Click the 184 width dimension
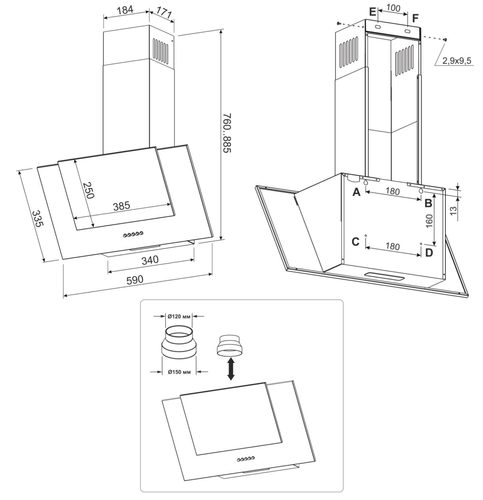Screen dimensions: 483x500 [125, 9]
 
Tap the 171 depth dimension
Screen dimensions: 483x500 [164, 13]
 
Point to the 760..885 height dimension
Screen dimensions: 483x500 [227, 133]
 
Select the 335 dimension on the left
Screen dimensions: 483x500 [37, 219]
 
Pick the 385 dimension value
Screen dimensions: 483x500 [122, 206]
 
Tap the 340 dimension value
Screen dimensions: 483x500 [150, 260]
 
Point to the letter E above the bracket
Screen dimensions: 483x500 [372, 12]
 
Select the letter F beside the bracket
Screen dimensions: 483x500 [415, 18]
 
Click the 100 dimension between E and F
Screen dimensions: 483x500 [393, 8]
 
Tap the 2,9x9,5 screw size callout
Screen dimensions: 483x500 [457, 61]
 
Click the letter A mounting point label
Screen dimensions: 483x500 [356, 192]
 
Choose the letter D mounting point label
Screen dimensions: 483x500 [429, 253]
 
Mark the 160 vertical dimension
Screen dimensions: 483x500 [429, 221]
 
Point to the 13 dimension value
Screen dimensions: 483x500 [454, 211]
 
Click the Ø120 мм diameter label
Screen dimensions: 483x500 [179, 316]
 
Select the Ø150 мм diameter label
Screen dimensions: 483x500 [179, 372]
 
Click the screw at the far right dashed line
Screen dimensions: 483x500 [445, 40]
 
